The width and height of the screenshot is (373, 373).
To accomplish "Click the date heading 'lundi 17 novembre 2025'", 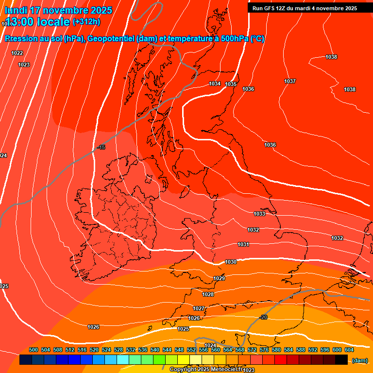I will click(x=58, y=10).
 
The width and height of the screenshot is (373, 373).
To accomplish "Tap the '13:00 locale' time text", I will click(x=37, y=22).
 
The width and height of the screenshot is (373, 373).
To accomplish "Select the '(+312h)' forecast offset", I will click(x=86, y=21).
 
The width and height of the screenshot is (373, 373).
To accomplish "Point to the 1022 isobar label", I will click(x=17, y=53).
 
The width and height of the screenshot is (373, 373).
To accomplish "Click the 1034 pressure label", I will click(x=215, y=84).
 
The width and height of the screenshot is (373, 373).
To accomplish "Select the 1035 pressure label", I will click(x=231, y=85).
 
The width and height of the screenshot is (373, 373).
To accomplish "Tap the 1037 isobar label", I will click(x=290, y=81).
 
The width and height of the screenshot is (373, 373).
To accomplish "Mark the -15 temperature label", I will click(x=101, y=147).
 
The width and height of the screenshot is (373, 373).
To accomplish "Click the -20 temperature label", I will click(x=263, y=317).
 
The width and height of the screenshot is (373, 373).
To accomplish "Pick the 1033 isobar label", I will click(x=259, y=214).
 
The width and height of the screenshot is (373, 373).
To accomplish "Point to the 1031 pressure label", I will click(x=243, y=244).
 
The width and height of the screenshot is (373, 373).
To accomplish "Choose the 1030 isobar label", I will click(x=231, y=262).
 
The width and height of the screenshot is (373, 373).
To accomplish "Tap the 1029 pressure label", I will click(x=219, y=278).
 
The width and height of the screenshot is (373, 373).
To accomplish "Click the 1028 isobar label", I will click(x=208, y=294).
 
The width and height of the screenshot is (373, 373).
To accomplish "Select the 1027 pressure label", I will click(x=199, y=308).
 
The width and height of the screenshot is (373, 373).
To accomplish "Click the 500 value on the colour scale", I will click(x=34, y=350).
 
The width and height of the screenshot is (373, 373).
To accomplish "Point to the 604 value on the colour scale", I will click(x=349, y=350).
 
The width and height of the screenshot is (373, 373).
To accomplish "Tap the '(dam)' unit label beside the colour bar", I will click(x=359, y=360).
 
